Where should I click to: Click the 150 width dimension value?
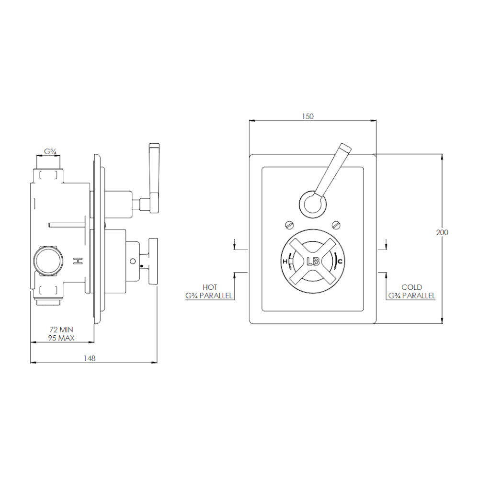click(x=308, y=116)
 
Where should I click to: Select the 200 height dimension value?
click(x=442, y=232)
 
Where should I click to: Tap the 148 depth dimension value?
click(x=90, y=358)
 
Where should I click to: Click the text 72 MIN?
click(x=61, y=330)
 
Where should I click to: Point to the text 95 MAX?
click(x=61, y=338)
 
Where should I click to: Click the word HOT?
click(x=210, y=287)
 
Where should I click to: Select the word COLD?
click(x=411, y=287)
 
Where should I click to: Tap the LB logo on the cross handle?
click(x=313, y=262)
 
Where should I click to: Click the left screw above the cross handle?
click(x=289, y=225)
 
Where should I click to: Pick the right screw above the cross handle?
click(x=336, y=225)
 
